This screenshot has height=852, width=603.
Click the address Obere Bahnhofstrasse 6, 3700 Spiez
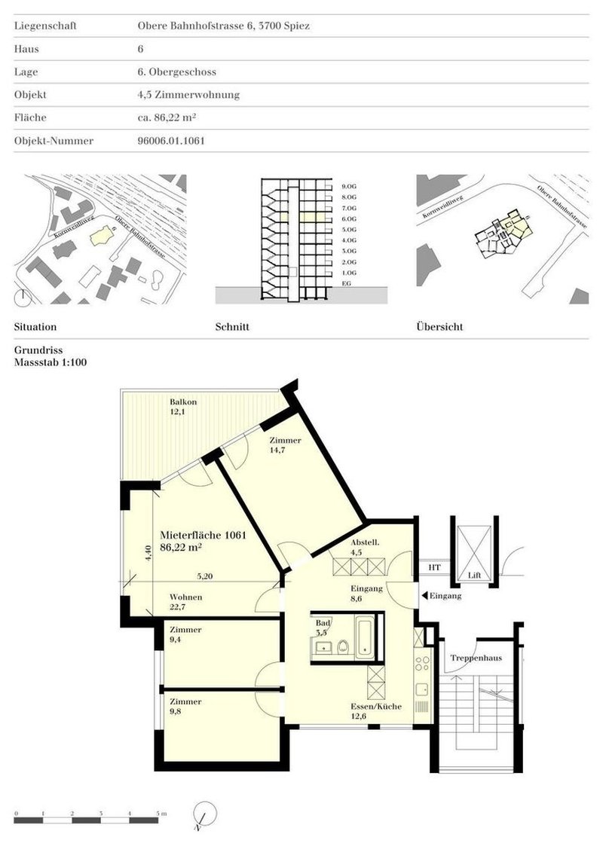(x=219, y=26)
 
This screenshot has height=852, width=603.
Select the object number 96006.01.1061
(x=166, y=141)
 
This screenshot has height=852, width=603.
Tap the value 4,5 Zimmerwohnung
(x=183, y=95)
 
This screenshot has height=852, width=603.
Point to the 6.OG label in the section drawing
(x=348, y=218)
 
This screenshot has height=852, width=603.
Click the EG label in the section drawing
(x=347, y=283)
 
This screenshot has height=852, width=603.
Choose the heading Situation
(x=35, y=328)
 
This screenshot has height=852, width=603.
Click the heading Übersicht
(x=439, y=328)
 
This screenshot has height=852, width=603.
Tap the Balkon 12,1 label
(x=183, y=407)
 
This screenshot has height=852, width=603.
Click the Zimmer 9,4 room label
(x=185, y=634)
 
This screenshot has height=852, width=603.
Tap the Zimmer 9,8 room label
(x=185, y=707)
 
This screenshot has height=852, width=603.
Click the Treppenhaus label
(x=471, y=658)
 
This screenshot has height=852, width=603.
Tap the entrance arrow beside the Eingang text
(x=424, y=596)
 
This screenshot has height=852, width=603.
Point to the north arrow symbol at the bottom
(x=204, y=816)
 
